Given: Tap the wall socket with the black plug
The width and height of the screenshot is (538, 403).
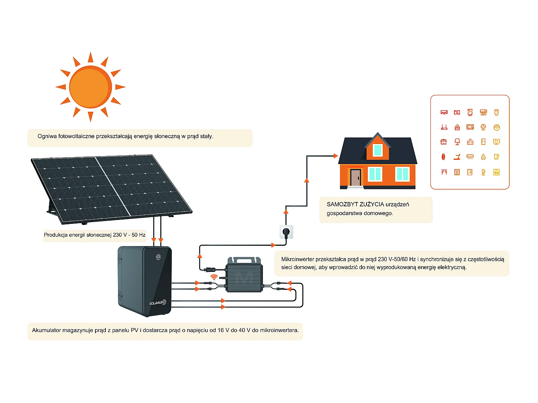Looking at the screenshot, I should tap(286, 232).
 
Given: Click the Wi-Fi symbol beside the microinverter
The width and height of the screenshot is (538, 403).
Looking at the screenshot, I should tap(214, 277).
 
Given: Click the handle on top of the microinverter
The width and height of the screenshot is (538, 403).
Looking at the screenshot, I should tap(244, 259).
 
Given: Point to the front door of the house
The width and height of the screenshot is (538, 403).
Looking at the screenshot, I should tap(355, 177).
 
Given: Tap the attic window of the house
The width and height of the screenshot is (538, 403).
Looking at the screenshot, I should tap(378, 150).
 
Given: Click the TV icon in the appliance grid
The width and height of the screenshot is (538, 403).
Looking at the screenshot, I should tap(496, 142).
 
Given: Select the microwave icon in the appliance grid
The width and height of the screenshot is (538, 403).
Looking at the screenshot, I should tap(470, 127).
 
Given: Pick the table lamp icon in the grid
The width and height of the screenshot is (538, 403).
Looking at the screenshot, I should tap(457, 142).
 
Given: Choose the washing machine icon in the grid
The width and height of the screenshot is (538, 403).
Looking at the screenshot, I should tap(457, 172).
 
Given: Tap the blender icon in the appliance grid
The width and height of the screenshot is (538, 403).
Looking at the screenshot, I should tap(483, 172).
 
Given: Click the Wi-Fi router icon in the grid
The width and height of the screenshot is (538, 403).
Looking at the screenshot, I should tap(444, 127).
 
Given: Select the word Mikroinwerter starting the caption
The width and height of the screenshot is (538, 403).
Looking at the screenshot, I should tap(298, 259).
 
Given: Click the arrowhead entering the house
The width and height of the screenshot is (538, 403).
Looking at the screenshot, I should tap(335, 156).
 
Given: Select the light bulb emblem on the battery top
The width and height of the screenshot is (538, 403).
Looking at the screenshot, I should tap(158, 257).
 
